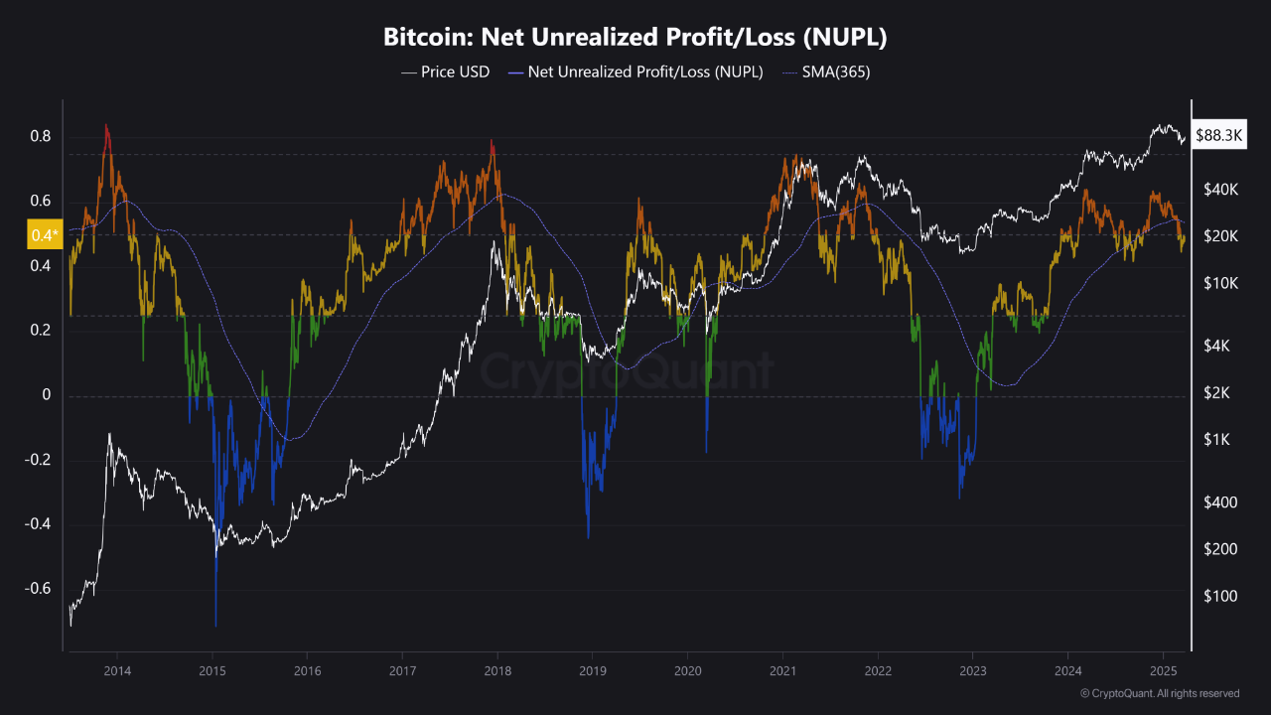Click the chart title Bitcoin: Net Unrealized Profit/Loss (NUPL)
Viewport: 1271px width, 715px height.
[x=635, y=38]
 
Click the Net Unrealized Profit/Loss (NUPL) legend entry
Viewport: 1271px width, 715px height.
[x=635, y=71]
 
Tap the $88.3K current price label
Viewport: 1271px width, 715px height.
[x=1219, y=135]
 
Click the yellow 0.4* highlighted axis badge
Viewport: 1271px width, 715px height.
[x=46, y=235]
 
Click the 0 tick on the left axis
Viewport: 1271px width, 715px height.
[x=44, y=395]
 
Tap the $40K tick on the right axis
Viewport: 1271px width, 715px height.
[x=1219, y=189]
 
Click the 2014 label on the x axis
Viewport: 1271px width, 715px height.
[x=117, y=671]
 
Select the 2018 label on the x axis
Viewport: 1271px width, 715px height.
[x=496, y=671]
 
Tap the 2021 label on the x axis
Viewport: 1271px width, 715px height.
[x=782, y=671]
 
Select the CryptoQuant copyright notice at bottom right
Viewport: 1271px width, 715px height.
[x=1159, y=693]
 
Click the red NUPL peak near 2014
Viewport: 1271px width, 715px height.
[x=106, y=127]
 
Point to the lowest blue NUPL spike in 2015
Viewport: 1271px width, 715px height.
[x=215, y=624]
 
